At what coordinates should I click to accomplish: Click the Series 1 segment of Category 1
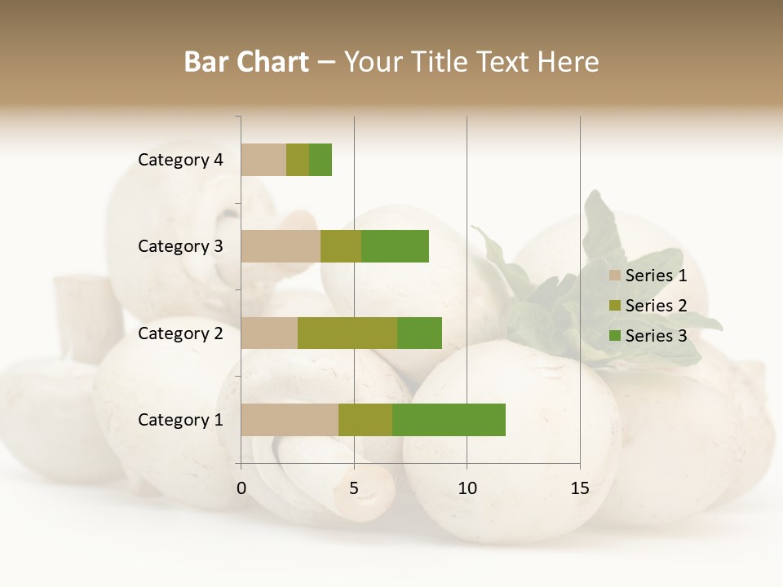coord(290,420)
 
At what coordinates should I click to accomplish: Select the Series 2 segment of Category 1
coord(365,420)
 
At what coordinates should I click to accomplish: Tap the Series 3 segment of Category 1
coord(449,420)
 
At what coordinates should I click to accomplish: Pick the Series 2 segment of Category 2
coord(347,333)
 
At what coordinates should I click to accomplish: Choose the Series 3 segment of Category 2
coord(419,333)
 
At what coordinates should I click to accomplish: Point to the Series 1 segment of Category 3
coord(281,246)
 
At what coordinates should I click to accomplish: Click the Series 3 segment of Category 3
coord(395,246)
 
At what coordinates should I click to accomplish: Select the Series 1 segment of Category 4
coord(263,160)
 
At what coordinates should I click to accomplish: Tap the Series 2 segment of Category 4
coord(298,160)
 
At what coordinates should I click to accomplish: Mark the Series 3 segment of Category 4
coord(321,160)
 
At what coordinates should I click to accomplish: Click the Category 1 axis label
coord(180,420)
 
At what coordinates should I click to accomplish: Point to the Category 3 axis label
coord(180,246)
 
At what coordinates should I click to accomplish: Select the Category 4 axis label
coord(180,160)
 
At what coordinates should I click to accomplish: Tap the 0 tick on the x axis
coord(241,488)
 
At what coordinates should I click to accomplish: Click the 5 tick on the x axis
coord(354,488)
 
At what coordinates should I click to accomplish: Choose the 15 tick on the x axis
coord(580,488)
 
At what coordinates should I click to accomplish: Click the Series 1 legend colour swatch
coord(615,276)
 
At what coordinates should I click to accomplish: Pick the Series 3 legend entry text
coord(656,336)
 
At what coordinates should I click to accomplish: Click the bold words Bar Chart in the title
coord(246,61)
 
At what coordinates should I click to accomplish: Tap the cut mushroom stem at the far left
coord(88,314)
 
